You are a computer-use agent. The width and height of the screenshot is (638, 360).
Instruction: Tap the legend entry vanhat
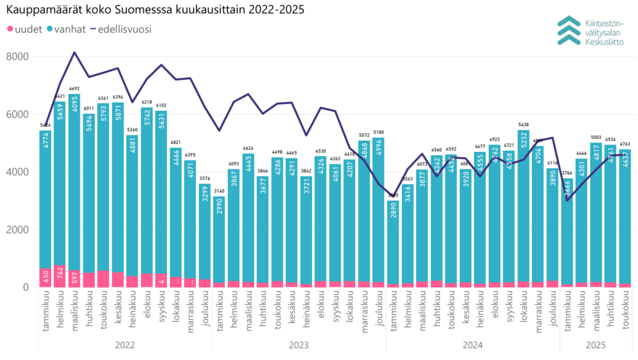coord(70,29)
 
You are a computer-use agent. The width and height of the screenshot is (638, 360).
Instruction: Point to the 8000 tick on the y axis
coord(17,57)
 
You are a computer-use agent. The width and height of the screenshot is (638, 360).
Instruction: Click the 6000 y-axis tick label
coord(17,115)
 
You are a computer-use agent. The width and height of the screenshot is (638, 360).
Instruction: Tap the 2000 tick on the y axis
coord(17,230)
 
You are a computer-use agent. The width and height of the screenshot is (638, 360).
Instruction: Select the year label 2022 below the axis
coord(125,343)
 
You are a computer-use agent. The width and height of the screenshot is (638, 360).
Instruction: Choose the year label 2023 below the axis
coord(299,343)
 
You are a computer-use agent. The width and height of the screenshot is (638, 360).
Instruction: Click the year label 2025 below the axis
coord(596,343)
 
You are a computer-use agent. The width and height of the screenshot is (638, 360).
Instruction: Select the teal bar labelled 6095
coord(75,187)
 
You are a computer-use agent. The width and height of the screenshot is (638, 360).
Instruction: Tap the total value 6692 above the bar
coord(75,89)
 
